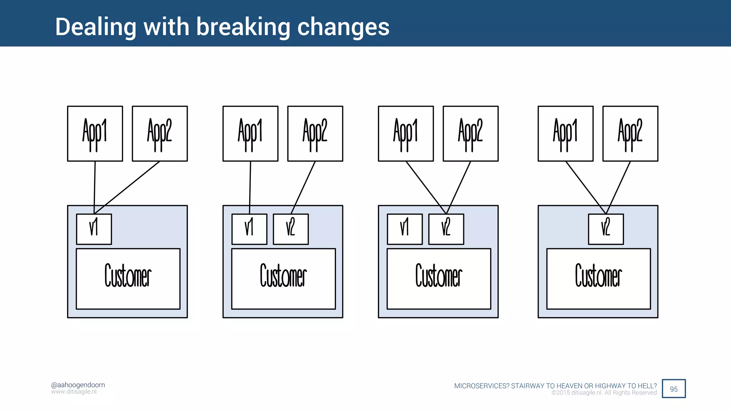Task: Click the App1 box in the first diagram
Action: [x=95, y=133]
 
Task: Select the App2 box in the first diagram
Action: [x=160, y=133]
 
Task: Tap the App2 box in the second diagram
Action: [x=315, y=133]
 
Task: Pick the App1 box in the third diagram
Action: [x=406, y=133]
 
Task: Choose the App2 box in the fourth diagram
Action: [x=630, y=133]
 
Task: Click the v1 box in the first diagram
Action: [x=94, y=229]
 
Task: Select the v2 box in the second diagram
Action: [x=291, y=229]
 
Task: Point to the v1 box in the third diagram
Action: [x=405, y=229]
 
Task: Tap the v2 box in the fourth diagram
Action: [x=606, y=229]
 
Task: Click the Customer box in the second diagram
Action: [x=283, y=279]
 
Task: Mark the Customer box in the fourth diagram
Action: [x=599, y=279]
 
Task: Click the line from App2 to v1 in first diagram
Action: [x=127, y=187]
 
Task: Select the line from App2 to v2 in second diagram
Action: [x=303, y=187]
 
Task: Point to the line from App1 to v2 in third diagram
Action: [x=426, y=187]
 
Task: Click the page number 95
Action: [x=674, y=389]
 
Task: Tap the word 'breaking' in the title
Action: [x=243, y=27]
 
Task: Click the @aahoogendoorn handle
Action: [x=78, y=385]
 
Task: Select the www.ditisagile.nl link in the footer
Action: [x=74, y=392]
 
